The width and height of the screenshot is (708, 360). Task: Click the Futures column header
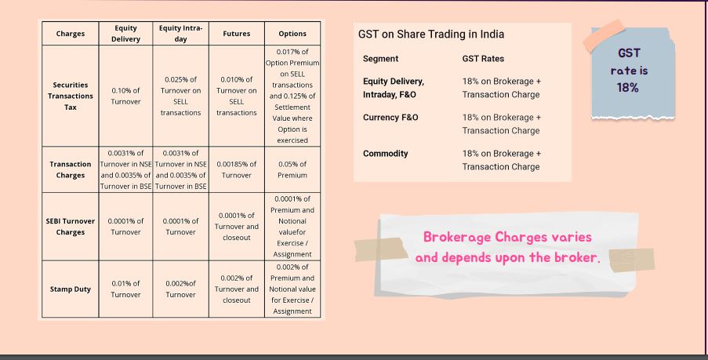236,34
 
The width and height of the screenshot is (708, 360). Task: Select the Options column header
292,34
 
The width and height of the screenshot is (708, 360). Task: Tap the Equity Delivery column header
125,34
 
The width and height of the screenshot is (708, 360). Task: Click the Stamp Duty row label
70,289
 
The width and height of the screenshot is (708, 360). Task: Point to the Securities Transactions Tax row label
70,96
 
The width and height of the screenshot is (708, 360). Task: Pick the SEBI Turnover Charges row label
70,227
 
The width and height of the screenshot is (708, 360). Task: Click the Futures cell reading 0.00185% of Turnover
236,169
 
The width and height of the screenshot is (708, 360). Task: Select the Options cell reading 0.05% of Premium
292,169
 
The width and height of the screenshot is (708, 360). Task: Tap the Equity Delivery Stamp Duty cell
125,289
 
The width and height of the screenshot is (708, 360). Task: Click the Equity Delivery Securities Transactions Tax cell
125,96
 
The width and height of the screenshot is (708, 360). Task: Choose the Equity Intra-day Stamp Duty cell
180,289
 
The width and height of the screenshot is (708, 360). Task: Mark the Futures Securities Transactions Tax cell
236,96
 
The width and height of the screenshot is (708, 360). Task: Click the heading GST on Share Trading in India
431,35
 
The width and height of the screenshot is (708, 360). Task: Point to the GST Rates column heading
483,59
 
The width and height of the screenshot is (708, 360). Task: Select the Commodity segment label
386,154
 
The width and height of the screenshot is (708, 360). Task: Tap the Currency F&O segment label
390,118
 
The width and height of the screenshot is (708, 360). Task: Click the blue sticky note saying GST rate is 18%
633,73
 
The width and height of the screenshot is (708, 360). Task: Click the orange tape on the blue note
605,35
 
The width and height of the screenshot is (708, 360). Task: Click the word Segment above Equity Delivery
380,59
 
